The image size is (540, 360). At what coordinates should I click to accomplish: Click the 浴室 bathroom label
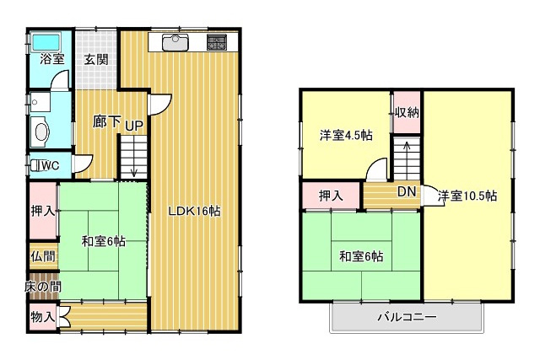pos(51,60)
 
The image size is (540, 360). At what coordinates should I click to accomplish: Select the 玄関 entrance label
pos(95,60)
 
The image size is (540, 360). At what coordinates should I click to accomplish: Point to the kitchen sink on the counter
pos(175,40)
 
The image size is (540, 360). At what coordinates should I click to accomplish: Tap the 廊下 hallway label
pos(107,121)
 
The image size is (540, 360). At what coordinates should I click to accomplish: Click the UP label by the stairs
pos(134,126)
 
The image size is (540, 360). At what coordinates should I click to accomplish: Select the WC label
pos(49,166)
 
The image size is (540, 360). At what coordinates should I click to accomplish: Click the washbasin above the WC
pos(40,131)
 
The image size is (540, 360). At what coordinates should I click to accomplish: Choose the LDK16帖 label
pos(194,212)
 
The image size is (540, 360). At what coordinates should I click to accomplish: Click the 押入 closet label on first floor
pos(42,211)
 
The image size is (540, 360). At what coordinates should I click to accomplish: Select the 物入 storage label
pos(42,318)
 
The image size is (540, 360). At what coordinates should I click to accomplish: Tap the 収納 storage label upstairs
pos(406,113)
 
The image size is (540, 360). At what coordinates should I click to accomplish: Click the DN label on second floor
pos(406,192)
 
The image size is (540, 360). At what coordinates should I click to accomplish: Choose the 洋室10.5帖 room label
pos(467,196)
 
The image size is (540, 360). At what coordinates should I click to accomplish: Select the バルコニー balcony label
pos(406,319)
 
